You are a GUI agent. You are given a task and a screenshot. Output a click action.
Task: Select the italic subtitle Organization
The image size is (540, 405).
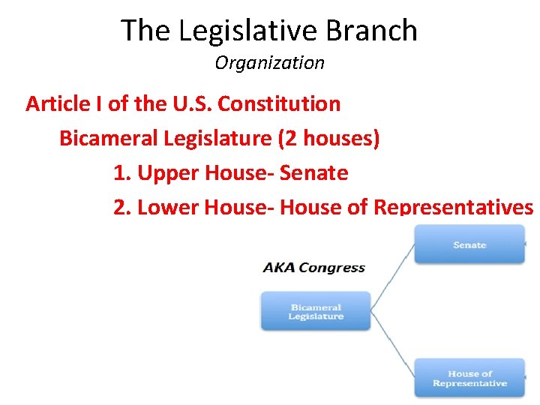[269, 63]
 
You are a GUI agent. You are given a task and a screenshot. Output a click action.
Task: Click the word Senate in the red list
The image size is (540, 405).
[313, 173]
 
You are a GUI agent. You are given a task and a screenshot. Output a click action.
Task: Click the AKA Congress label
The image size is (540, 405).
[313, 268]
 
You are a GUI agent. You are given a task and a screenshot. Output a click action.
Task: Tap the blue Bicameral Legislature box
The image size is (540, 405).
[316, 311]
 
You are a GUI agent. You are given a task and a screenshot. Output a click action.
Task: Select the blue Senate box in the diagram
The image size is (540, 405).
[469, 244]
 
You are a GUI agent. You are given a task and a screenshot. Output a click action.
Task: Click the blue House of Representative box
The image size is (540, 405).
[469, 378]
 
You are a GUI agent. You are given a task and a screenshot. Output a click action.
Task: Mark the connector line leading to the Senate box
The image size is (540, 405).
[393, 274]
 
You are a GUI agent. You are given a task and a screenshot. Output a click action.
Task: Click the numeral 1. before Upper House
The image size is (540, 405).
[122, 173]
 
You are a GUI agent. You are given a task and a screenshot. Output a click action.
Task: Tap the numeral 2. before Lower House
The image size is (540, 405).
[122, 207]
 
